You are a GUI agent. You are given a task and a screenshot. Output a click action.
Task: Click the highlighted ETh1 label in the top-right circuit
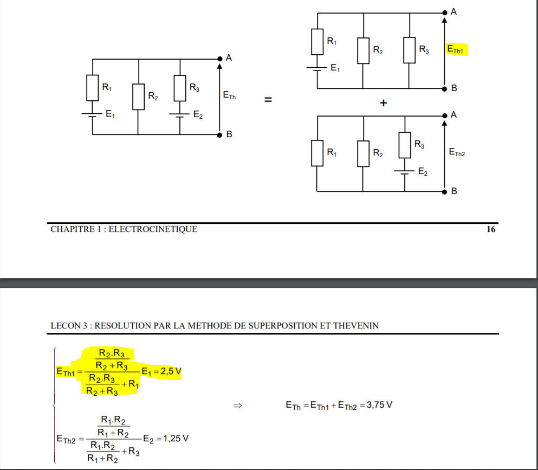[x=456, y=50]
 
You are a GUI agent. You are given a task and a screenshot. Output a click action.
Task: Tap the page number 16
[x=490, y=229]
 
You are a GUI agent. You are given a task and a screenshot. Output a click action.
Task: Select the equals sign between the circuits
[x=268, y=100]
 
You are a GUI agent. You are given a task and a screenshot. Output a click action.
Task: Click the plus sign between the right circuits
[x=384, y=104]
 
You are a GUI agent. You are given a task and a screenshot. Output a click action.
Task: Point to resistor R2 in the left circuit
[x=139, y=96]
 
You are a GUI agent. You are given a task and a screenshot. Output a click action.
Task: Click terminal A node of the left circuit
[x=220, y=58]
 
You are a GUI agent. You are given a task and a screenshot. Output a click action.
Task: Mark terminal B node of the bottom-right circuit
[x=445, y=191]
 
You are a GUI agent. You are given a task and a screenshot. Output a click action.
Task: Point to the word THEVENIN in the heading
[x=356, y=326]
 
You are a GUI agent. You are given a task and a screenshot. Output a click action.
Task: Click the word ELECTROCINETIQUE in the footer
[x=153, y=229]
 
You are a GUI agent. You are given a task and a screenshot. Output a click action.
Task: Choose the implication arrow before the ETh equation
[x=236, y=405]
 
